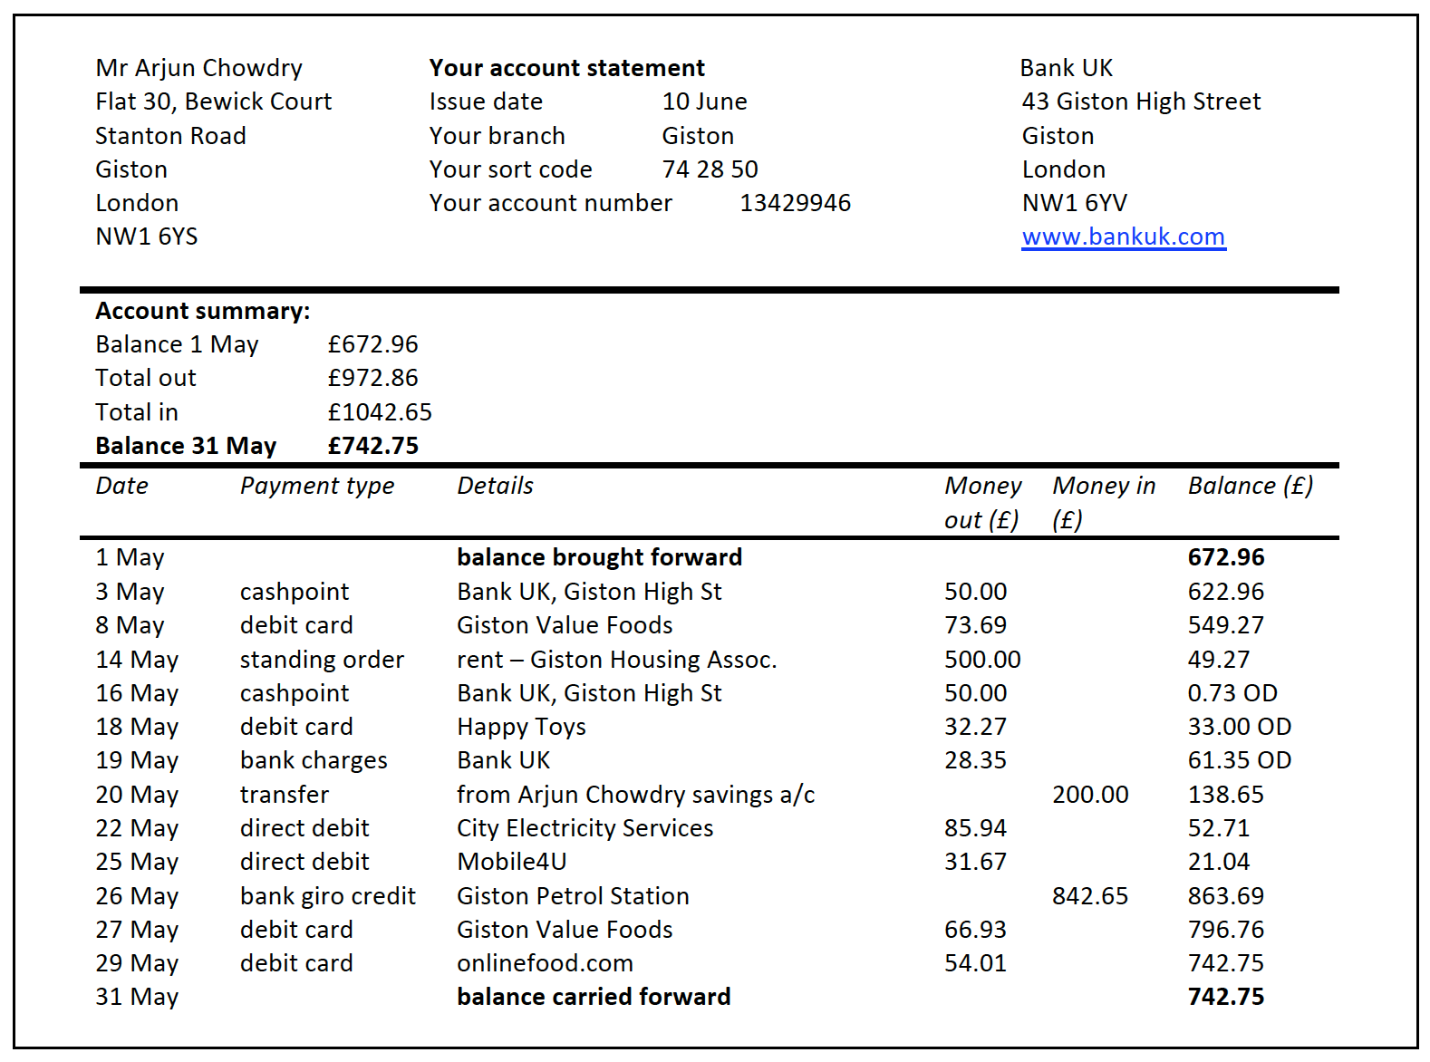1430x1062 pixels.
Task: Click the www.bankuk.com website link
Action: [1123, 237]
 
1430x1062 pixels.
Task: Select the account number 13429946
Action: [795, 203]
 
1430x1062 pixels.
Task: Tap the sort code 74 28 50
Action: [710, 169]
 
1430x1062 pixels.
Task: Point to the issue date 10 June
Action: [704, 101]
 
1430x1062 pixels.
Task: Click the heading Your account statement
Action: [566, 68]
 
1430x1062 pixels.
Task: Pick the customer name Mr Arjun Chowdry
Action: [198, 68]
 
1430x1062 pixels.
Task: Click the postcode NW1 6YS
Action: [146, 237]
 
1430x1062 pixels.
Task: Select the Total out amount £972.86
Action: [372, 378]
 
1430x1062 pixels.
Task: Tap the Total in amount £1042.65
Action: [380, 412]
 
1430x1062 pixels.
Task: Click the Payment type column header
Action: [317, 486]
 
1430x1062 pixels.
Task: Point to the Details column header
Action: [495, 486]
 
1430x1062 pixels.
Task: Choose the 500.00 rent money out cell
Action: [982, 660]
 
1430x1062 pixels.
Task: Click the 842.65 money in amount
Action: [1090, 896]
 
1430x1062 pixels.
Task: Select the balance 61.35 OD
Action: [1239, 760]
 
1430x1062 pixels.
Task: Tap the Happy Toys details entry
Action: [521, 727]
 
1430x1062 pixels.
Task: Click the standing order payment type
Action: [322, 660]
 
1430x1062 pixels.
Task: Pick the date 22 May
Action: [137, 828]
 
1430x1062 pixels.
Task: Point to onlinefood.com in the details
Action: [545, 963]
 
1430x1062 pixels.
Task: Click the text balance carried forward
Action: [594, 997]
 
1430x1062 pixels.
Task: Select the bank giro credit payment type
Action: [327, 896]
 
